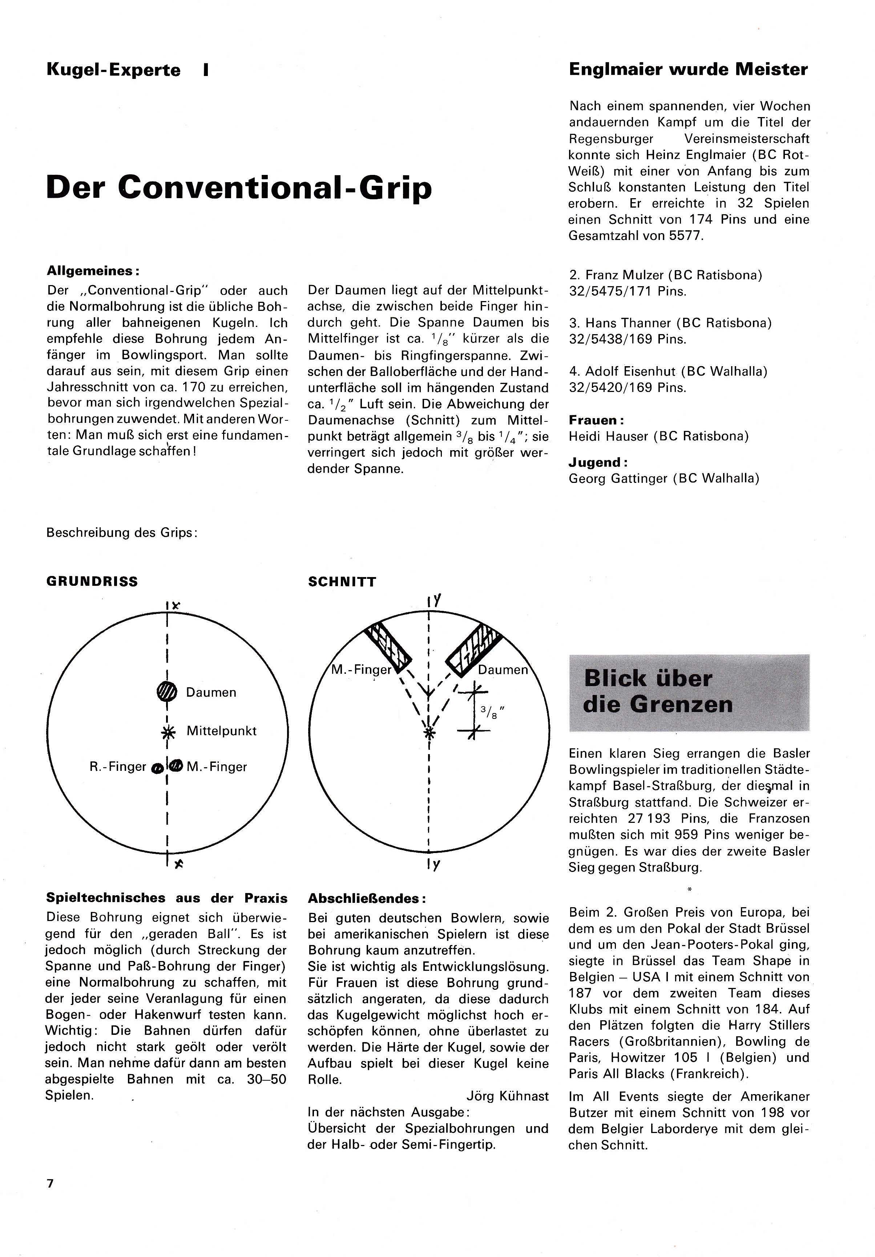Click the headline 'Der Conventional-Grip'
point(239,188)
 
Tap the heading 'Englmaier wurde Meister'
point(688,69)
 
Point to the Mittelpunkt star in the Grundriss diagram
point(167,731)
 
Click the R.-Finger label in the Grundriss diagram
point(118,767)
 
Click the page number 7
point(51,1183)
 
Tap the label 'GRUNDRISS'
point(92,581)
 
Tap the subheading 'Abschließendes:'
point(367,898)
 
